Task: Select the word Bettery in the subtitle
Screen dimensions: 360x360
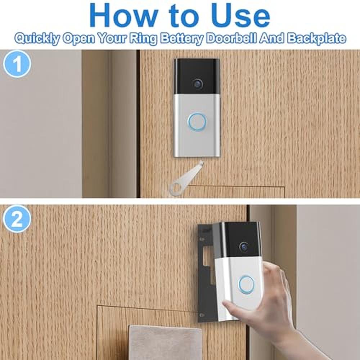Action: [181, 39]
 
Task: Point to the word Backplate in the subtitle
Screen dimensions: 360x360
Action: [316, 38]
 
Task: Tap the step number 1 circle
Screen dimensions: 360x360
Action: [17, 64]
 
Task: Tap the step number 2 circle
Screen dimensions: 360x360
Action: [17, 219]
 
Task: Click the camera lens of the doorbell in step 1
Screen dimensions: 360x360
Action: [197, 84]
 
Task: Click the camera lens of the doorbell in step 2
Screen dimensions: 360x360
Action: [244, 247]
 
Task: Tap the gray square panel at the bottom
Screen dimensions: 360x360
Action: [165, 342]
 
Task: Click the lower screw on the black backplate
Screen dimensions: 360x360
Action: [202, 315]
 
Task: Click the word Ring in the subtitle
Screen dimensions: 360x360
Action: [143, 39]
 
